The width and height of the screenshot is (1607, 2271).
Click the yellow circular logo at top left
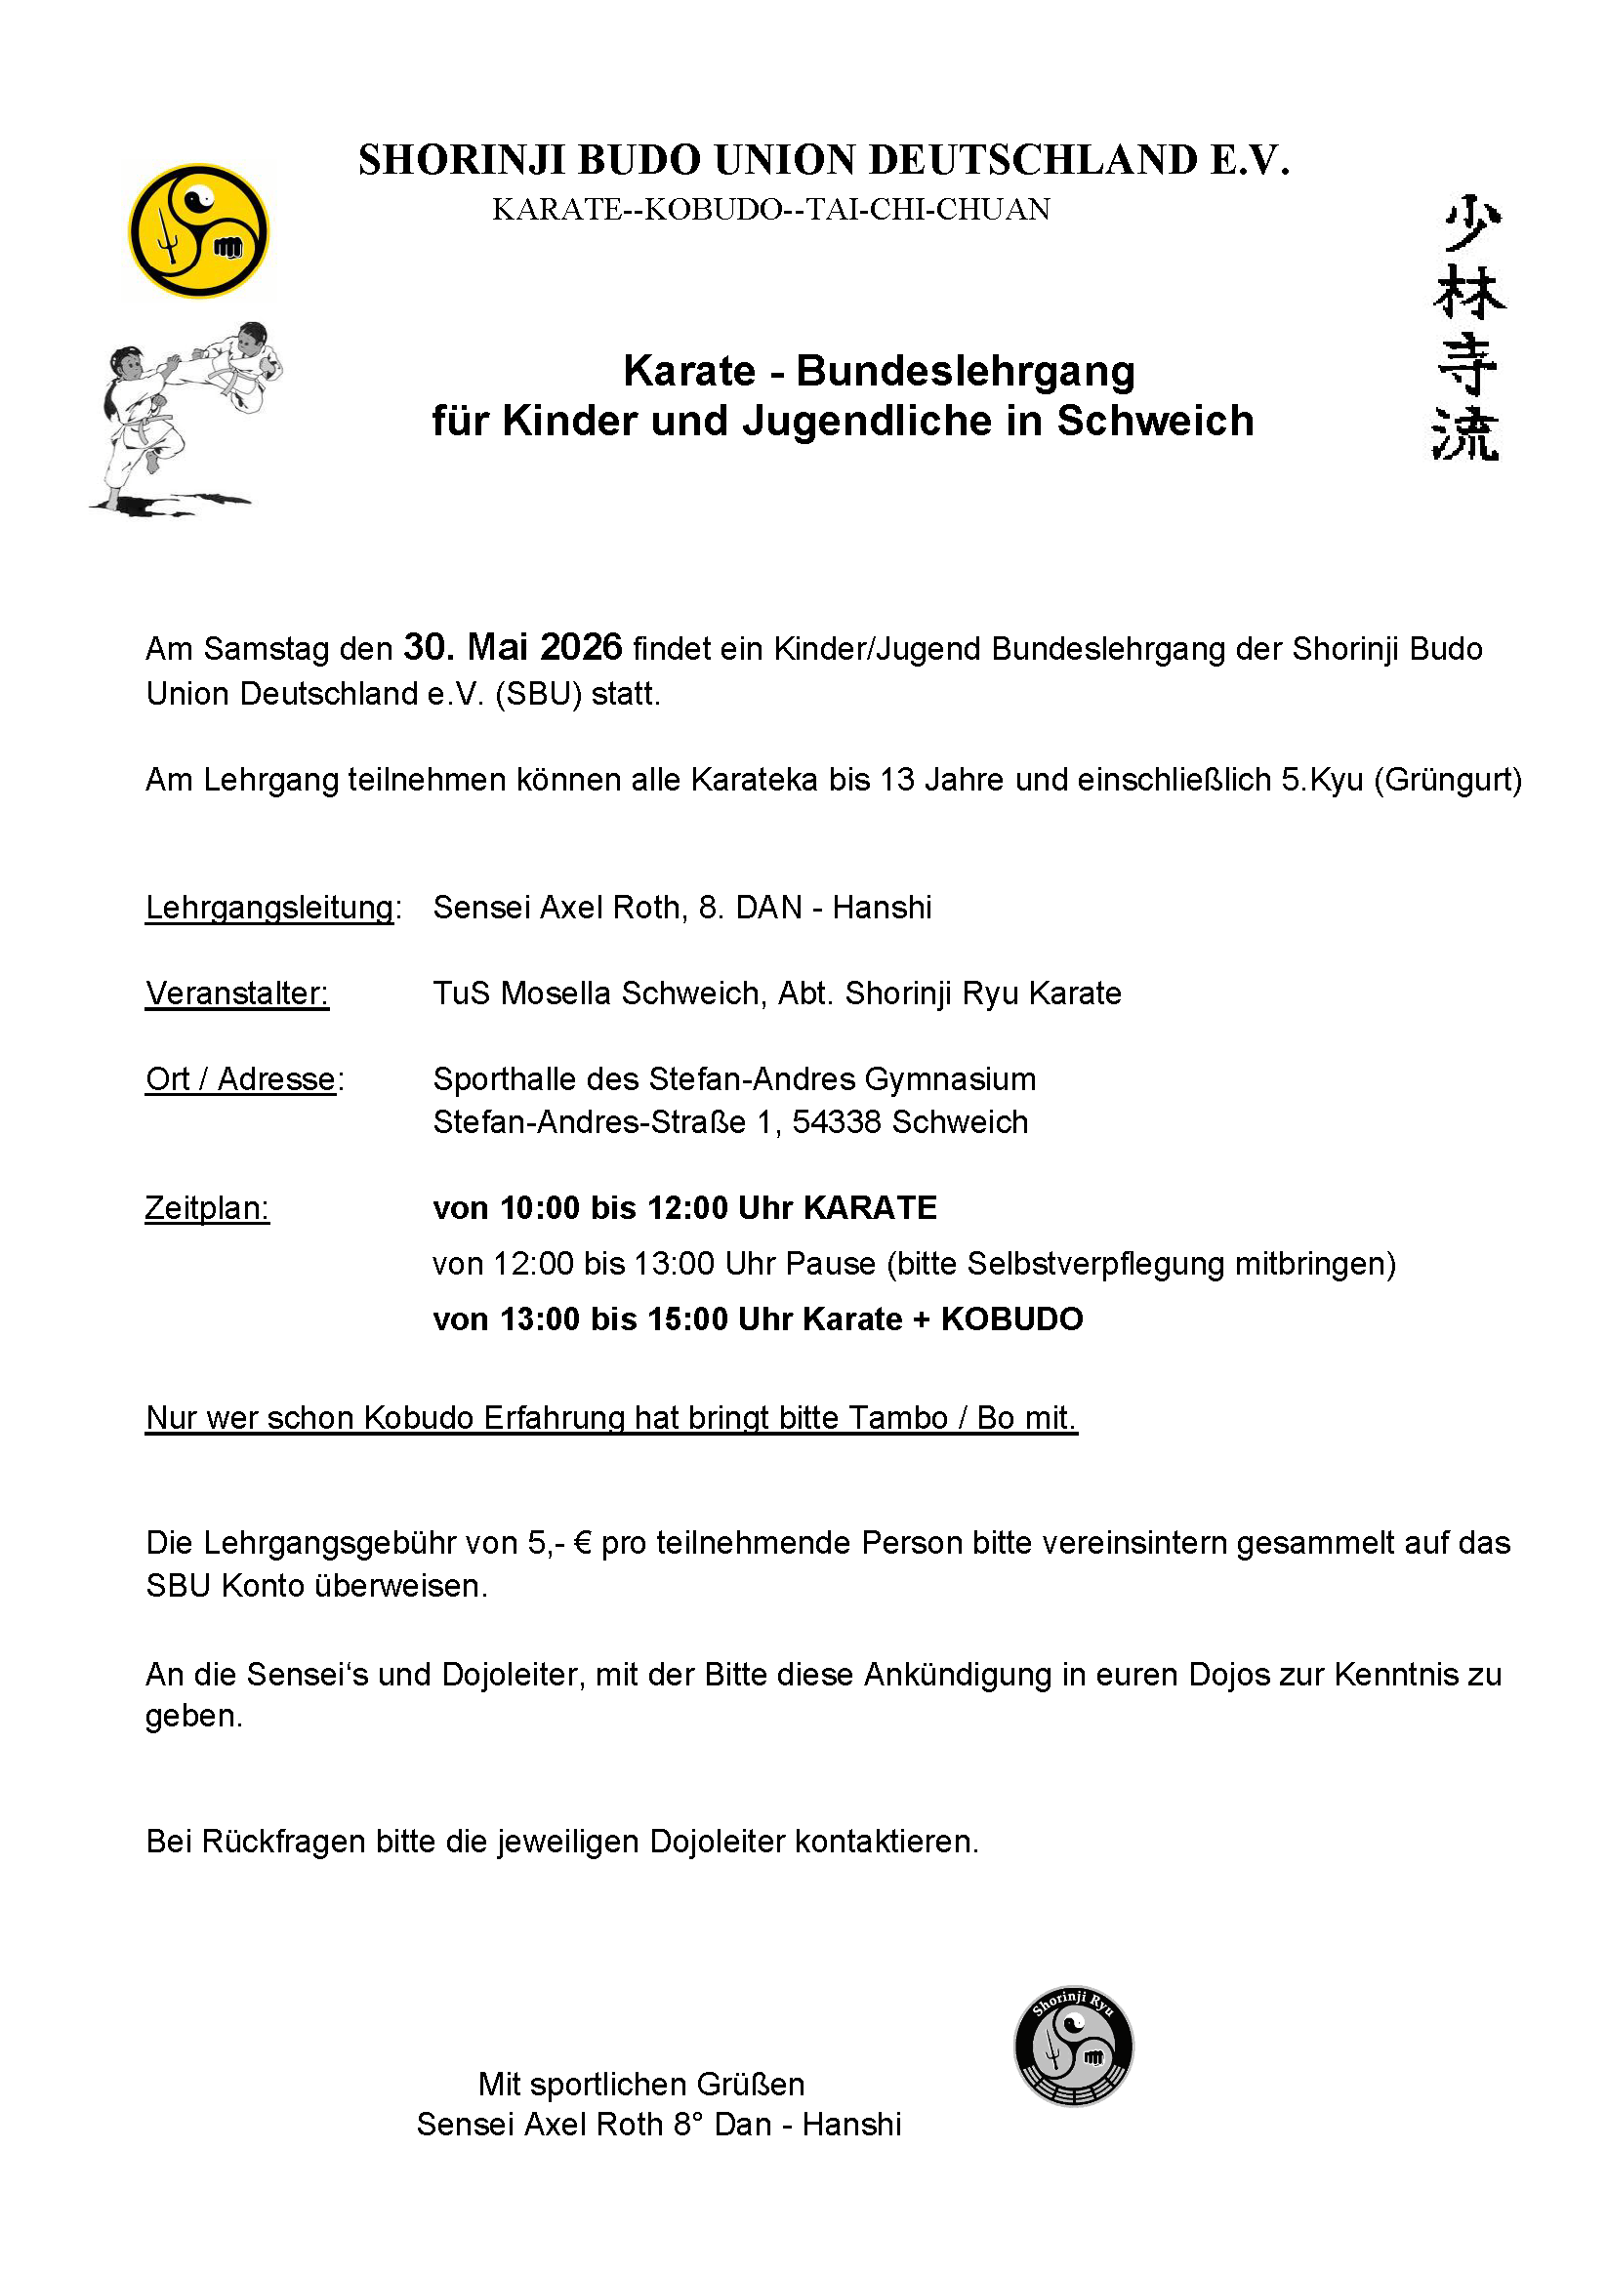coord(199,230)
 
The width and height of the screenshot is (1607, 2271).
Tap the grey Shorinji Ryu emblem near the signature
coord(1074,2046)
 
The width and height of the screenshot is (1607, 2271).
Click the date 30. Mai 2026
coord(513,648)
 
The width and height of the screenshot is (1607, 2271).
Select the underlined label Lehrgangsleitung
coord(269,907)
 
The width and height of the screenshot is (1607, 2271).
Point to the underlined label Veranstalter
coord(236,994)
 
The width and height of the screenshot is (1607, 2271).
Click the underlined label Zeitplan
coord(207,1207)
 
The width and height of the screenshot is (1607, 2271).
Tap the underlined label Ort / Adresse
coord(241,1079)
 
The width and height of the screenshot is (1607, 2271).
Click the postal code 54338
coord(837,1122)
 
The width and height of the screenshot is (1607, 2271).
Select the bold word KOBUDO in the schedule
coord(1011,1319)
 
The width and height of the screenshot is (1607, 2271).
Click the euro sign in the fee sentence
coord(583,1543)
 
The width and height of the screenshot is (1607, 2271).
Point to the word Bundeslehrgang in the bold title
coord(965,372)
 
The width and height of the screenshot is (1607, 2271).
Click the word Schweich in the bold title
coord(1155,422)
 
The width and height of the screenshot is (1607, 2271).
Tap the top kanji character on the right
coord(1468,224)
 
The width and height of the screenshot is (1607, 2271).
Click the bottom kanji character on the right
coord(1466,434)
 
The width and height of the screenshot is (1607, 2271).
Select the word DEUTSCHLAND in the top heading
coord(1033,160)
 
